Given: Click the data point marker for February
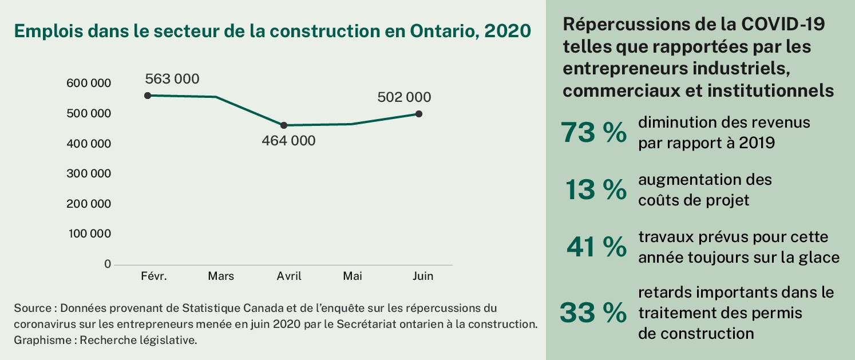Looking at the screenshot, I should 148,96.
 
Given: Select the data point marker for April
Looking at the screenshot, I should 284,125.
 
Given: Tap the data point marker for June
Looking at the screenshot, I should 419,114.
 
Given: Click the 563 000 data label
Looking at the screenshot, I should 172,79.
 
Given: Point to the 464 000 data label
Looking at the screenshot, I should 288,140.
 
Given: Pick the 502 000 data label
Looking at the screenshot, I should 404,97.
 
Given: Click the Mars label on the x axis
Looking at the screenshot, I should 221,276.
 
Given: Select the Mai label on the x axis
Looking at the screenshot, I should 353,276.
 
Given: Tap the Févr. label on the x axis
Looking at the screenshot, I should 154,276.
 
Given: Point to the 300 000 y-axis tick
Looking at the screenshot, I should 89,174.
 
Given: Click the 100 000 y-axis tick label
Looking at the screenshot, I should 89,234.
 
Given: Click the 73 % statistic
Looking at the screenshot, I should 593,133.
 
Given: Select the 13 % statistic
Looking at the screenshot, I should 596,190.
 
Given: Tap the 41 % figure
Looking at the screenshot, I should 596,247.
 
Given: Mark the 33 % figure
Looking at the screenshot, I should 593,312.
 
